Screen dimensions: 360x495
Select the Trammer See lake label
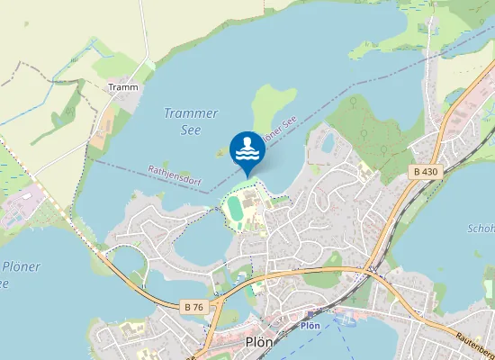point(191,121)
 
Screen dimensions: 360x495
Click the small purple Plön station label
point(310,325)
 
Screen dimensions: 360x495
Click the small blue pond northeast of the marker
point(328,142)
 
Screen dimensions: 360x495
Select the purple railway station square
point(310,316)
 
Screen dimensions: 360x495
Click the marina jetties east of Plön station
point(346,320)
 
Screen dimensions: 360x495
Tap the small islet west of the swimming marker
point(220,152)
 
